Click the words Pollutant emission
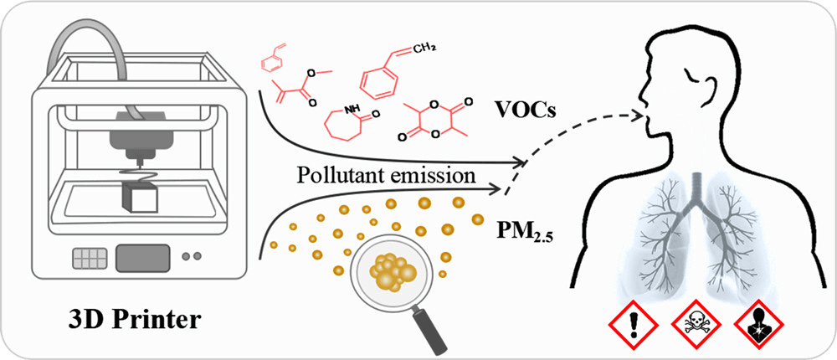(x=383, y=175)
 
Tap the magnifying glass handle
(x=433, y=332)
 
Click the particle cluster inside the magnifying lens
(x=394, y=270)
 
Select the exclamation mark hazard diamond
(x=634, y=324)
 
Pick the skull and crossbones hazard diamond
(x=696, y=324)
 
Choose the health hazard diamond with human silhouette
(x=758, y=324)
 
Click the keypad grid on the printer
(x=90, y=259)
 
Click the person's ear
(x=711, y=90)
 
